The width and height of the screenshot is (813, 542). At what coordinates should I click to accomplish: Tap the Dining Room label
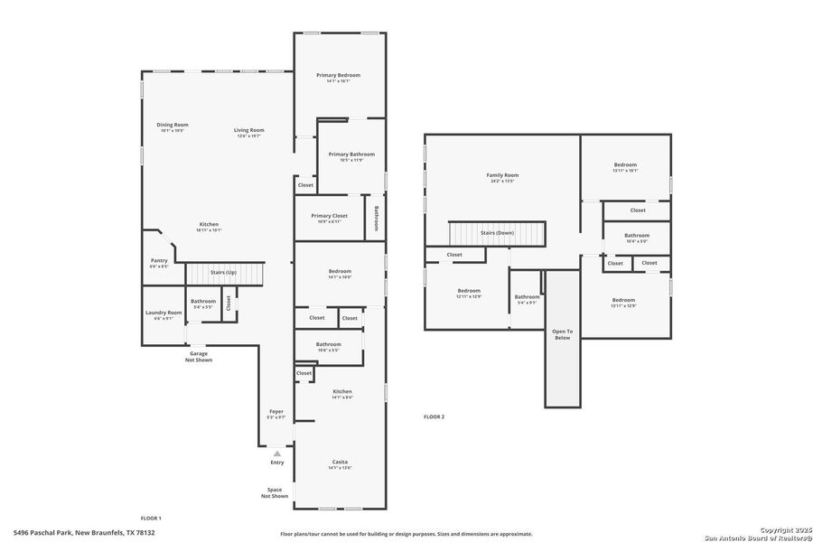click(173, 125)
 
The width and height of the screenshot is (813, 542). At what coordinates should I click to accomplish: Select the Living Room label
click(249, 130)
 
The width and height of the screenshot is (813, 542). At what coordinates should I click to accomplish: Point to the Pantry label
click(159, 260)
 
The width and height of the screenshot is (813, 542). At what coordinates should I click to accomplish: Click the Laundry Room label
click(164, 313)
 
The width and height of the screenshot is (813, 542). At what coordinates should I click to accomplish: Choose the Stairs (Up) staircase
click(223, 273)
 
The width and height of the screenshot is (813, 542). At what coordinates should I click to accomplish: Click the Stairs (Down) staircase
click(498, 233)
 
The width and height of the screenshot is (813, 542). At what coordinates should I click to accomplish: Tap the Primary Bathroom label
click(350, 154)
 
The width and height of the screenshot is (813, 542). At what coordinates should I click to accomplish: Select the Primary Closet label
click(329, 216)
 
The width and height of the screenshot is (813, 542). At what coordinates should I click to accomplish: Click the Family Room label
click(502, 175)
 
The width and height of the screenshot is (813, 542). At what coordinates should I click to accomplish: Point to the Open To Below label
click(562, 334)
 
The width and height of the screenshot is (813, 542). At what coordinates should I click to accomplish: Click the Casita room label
click(340, 462)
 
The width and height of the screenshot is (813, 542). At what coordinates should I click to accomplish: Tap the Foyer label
click(276, 411)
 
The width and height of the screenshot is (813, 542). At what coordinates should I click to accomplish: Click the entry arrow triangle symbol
click(276, 453)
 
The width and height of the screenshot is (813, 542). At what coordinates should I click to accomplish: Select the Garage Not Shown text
click(199, 357)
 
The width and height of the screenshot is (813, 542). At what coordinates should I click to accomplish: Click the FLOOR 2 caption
click(434, 416)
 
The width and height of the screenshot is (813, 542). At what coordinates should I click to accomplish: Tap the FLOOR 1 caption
click(151, 518)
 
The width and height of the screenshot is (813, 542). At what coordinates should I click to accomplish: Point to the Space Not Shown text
click(275, 492)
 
